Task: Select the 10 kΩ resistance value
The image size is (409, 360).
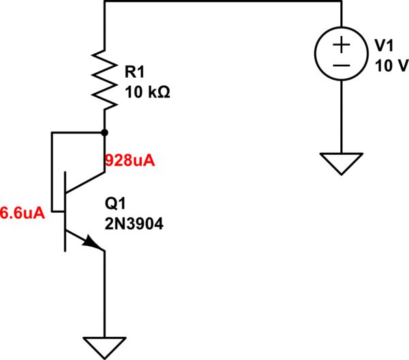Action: point(145,91)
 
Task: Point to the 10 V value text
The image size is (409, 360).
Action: point(391,66)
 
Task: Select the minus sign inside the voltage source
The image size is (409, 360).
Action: point(342,65)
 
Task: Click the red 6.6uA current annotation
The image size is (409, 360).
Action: point(22,213)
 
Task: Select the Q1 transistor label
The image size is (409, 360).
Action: point(115,204)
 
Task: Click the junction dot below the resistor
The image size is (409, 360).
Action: point(104,132)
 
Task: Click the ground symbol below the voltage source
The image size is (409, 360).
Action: point(342,164)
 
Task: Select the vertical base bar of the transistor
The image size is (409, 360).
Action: point(65,212)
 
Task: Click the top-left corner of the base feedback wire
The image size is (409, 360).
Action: point(52,132)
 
